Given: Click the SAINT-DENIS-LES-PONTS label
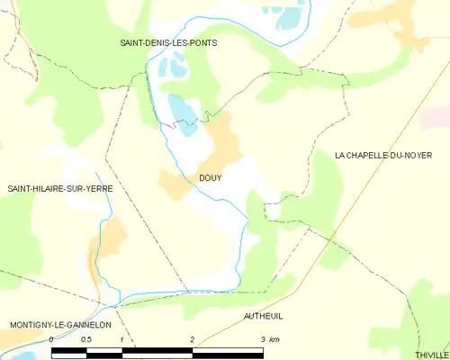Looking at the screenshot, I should tap(168, 42).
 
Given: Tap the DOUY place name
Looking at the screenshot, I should tap(211, 177).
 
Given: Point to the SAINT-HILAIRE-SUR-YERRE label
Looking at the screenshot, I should tap(60, 188).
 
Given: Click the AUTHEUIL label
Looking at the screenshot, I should tap(263, 317).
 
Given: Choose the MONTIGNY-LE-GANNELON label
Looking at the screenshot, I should tap(59, 324).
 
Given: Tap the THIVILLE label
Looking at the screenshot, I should tap(430, 355).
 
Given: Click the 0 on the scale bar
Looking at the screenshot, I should tap(51, 338).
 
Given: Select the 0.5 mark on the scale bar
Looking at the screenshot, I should tap(85, 338).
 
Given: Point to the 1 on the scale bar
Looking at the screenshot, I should tap(121, 338).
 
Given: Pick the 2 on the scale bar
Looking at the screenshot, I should tap(192, 338).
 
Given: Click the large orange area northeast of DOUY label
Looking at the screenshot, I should tap(222, 139).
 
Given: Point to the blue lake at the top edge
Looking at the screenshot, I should tap(290, 13).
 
